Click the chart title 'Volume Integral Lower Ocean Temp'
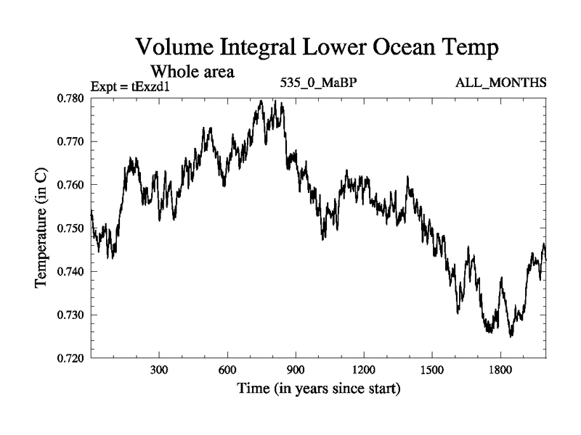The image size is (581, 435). pyautogui.click(x=317, y=49)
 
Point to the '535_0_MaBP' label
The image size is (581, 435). pyautogui.click(x=318, y=83)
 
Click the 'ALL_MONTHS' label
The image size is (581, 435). pyautogui.click(x=500, y=83)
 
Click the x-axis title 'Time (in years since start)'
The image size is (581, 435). pyautogui.click(x=318, y=389)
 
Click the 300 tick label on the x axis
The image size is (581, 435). pyautogui.click(x=159, y=370)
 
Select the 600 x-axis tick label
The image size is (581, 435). pyautogui.click(x=227, y=370)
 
